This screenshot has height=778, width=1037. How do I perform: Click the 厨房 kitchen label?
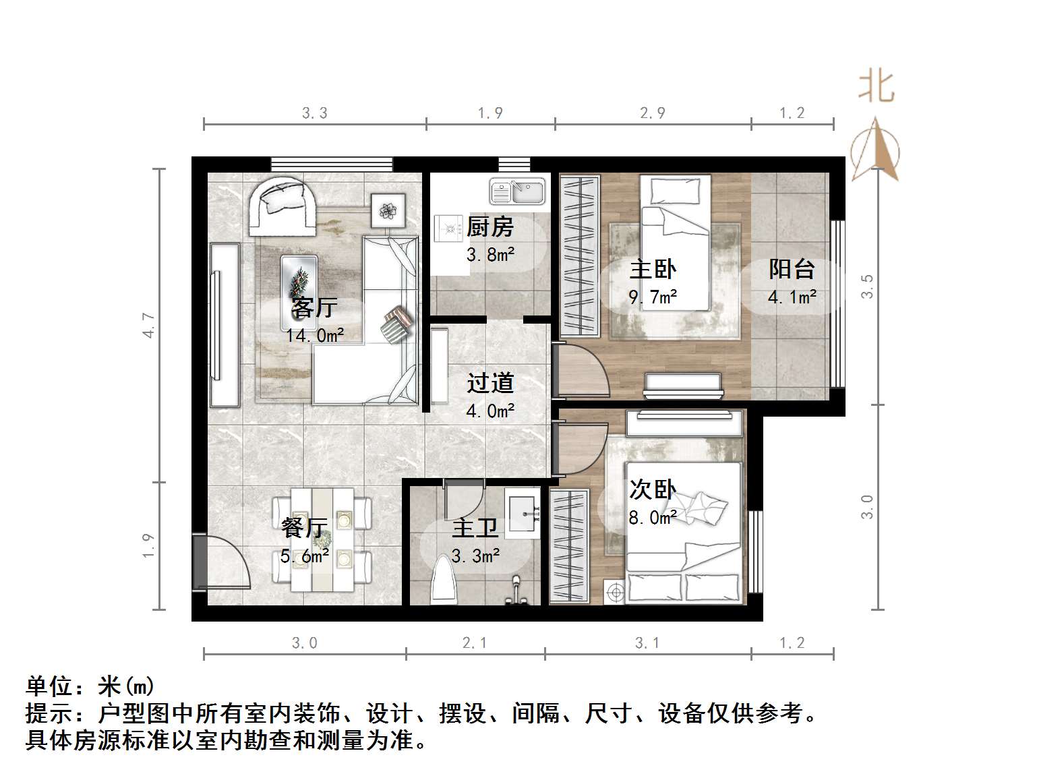(490, 227)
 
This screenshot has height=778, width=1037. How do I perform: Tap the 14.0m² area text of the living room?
(315, 334)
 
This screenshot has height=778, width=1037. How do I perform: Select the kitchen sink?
(517, 192)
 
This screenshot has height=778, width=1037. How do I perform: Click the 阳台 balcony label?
(792, 269)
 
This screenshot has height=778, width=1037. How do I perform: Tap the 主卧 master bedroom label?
(653, 269)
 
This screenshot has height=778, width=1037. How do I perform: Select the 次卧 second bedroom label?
(653, 490)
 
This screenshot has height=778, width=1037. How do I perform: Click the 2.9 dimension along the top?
(653, 113)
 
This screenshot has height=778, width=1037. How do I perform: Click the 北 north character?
(877, 88)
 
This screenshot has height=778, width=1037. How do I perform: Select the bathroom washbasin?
(523, 513)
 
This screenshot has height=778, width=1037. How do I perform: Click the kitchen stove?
(446, 228)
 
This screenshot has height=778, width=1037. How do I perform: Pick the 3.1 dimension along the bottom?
(647, 643)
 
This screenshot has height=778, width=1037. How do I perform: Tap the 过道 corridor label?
(490, 383)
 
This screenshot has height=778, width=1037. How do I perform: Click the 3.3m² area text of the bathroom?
(476, 556)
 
